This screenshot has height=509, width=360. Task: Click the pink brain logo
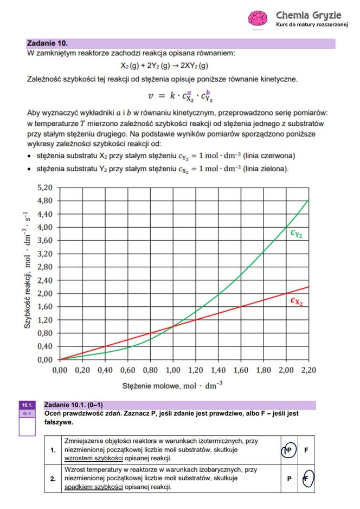point(258,18)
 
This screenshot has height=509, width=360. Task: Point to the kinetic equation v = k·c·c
point(178,96)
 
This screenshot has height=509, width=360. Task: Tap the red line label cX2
point(296,301)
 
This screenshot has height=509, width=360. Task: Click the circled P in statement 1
point(288,450)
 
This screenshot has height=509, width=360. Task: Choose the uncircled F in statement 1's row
point(306,450)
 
